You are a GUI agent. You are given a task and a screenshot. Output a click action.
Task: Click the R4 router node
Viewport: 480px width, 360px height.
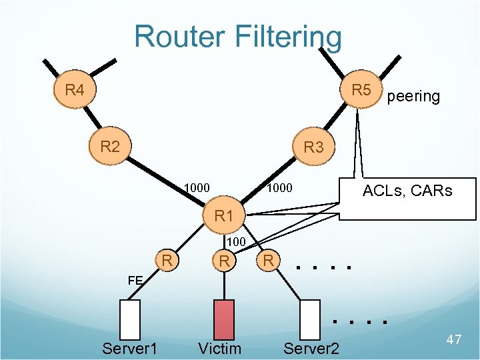(x=75, y=89)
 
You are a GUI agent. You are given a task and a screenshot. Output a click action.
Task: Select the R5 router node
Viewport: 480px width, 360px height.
(x=361, y=89)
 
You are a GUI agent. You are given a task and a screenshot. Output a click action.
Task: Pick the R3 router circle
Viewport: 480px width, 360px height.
(x=313, y=147)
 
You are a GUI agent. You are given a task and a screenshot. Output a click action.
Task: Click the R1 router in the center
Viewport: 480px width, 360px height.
(x=224, y=216)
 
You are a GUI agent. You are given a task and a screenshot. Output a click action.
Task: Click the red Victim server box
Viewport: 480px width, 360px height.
(x=225, y=319)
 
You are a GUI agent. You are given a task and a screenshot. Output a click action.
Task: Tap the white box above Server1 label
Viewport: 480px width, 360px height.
(x=130, y=319)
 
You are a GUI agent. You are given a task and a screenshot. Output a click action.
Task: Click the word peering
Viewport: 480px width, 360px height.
(x=413, y=97)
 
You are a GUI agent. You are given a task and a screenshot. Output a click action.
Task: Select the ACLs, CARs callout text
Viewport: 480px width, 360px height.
(x=407, y=191)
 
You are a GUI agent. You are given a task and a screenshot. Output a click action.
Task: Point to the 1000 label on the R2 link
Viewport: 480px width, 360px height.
(x=197, y=189)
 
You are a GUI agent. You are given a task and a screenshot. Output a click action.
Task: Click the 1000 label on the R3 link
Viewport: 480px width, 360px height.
(x=279, y=189)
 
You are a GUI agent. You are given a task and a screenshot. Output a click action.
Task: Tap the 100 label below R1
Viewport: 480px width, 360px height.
(x=237, y=241)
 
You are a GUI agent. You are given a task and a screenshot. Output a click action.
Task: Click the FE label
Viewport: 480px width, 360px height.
(x=135, y=281)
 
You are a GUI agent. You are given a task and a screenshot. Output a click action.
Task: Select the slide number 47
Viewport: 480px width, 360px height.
(x=453, y=340)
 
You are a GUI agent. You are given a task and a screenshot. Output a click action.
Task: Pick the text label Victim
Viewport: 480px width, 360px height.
(x=220, y=348)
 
